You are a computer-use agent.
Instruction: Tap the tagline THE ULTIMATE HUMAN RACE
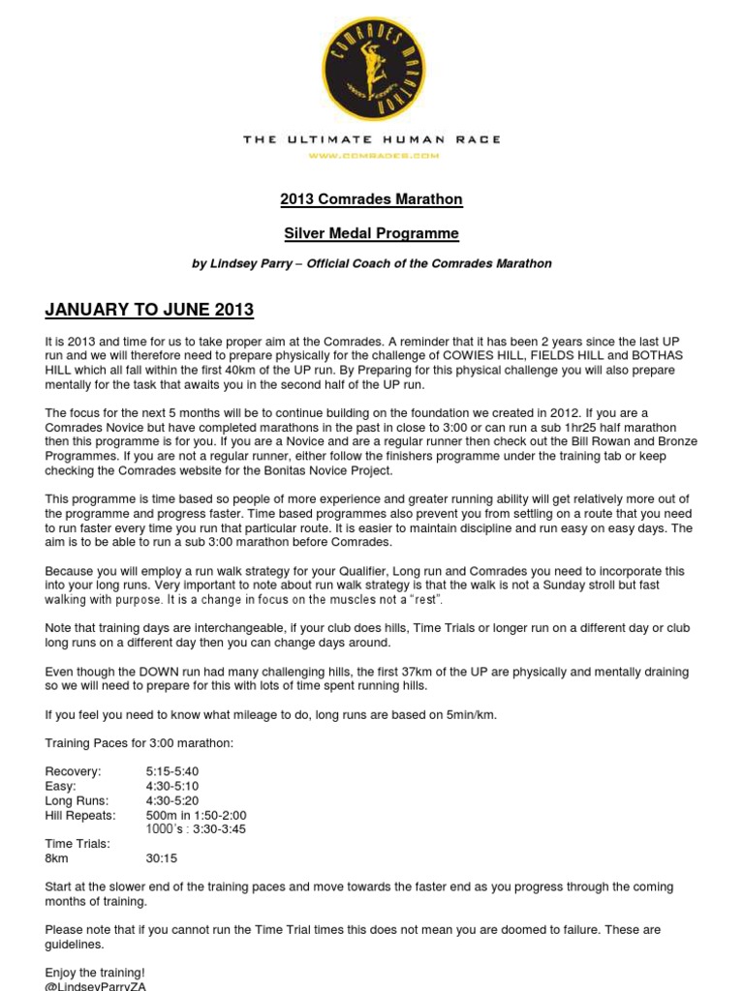[x=371, y=139]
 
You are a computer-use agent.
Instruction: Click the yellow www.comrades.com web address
[x=373, y=155]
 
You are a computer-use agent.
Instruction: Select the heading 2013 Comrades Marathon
[x=371, y=199]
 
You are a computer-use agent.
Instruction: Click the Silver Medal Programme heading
[x=371, y=233]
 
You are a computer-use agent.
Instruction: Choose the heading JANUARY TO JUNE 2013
[x=149, y=311]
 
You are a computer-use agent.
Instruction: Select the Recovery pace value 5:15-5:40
[x=172, y=771]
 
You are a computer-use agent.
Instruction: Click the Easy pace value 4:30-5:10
[x=172, y=786]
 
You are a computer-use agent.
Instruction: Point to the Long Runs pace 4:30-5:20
[x=172, y=800]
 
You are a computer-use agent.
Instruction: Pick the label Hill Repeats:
[x=79, y=815]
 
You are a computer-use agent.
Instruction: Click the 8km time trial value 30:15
[x=162, y=857]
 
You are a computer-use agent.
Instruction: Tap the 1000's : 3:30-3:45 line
[x=195, y=829]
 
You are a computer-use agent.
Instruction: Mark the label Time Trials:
[x=77, y=844]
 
